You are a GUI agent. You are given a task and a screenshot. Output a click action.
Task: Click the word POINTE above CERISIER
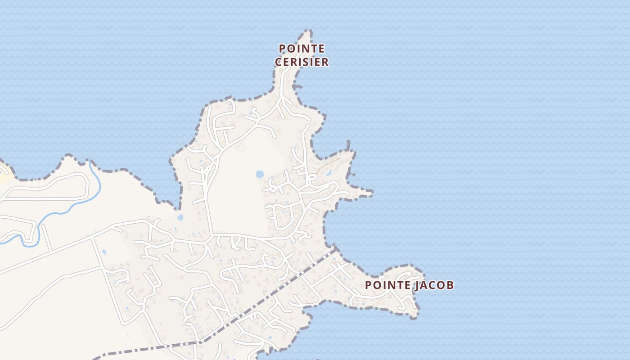(301, 48)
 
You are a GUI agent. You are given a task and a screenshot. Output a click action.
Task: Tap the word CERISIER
(301, 62)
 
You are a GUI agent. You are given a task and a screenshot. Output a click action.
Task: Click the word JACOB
(434, 285)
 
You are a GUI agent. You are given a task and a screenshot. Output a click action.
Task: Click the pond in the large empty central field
(260, 174)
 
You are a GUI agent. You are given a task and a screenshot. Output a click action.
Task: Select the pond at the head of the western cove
(180, 217)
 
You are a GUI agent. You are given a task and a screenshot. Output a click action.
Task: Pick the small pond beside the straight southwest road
(104, 252)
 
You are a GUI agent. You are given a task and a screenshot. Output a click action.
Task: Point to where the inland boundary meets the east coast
(335, 247)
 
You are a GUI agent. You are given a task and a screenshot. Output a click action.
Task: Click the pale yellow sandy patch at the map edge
(4, 173)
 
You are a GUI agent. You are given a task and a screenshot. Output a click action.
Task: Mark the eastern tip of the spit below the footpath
(372, 193)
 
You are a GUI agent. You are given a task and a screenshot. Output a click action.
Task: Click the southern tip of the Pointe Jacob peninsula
(414, 317)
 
